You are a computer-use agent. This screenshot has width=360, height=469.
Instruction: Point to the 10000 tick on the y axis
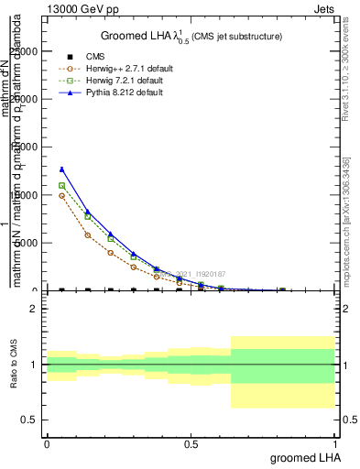pyautogui.click(x=28, y=195)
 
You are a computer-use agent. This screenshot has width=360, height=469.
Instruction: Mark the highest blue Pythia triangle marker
pyautogui.click(x=61, y=169)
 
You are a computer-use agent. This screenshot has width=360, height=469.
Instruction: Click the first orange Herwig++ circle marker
pyautogui.click(x=61, y=195)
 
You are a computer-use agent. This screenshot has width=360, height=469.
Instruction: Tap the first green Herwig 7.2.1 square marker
pyautogui.click(x=61, y=186)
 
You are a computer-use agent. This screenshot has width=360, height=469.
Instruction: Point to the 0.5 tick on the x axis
pyautogui.click(x=191, y=443)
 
